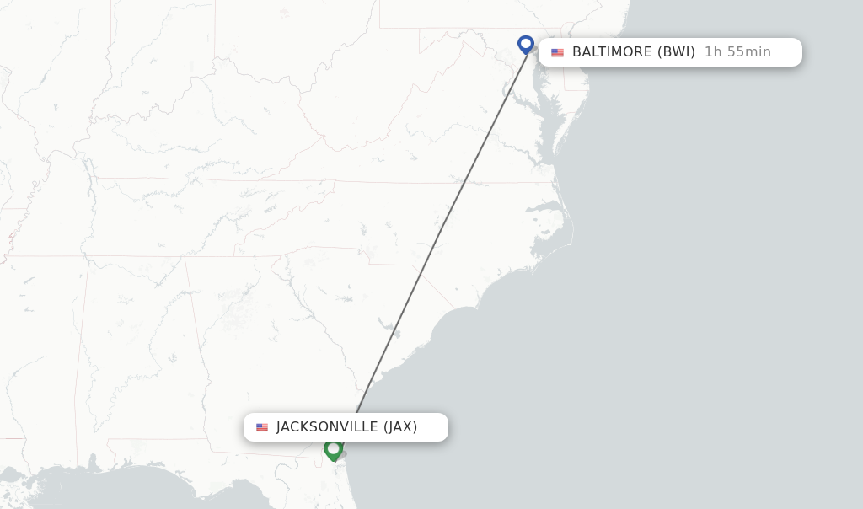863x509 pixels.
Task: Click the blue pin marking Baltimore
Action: point(526,44)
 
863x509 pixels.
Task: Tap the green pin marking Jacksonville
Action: point(333,449)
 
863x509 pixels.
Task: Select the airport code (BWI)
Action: point(676,52)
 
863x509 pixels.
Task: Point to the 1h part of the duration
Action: point(713,52)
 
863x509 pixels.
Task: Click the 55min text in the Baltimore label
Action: point(748,52)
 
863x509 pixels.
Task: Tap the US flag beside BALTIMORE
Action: point(557,52)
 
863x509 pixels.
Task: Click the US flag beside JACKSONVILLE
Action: point(262,427)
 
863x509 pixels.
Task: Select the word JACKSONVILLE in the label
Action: point(327,427)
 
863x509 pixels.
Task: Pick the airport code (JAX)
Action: point(400,427)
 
